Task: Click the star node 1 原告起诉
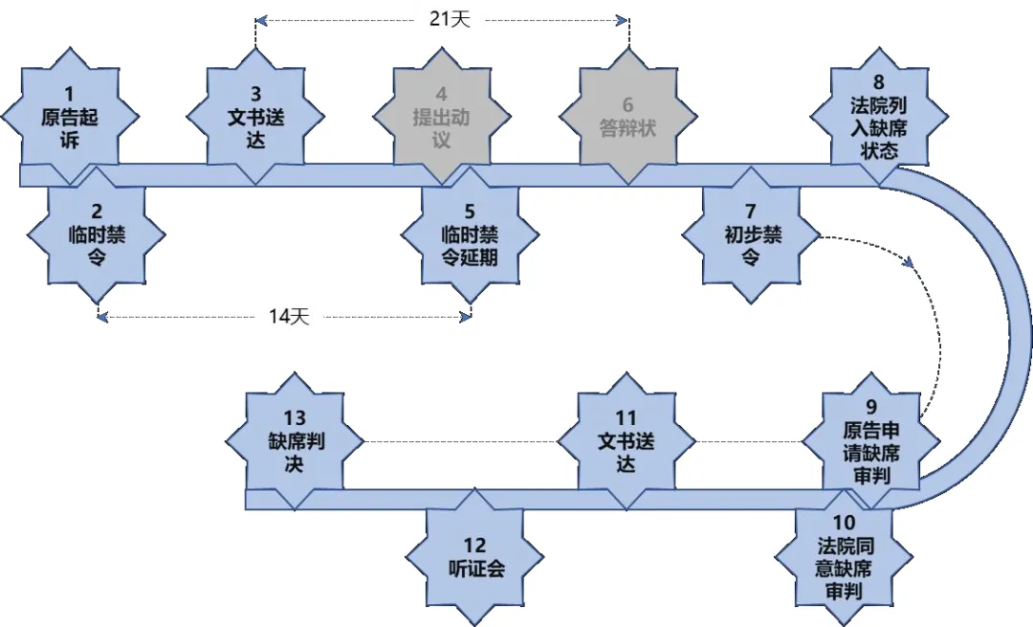click(x=69, y=117)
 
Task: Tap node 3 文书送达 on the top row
click(x=255, y=117)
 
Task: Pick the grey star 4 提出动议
click(x=442, y=117)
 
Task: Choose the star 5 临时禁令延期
click(x=470, y=235)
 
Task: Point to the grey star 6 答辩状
click(x=628, y=117)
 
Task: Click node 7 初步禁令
click(x=751, y=235)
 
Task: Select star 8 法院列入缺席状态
click(x=879, y=117)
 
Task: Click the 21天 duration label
click(x=442, y=18)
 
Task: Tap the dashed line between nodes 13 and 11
click(x=460, y=441)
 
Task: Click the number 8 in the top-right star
click(x=879, y=81)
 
